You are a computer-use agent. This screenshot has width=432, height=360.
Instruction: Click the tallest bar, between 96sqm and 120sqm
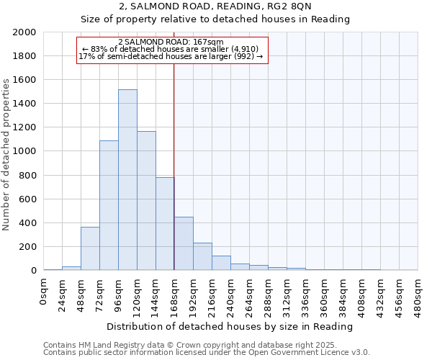(x=127, y=180)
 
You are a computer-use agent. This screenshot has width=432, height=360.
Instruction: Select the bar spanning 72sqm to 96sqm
(x=109, y=205)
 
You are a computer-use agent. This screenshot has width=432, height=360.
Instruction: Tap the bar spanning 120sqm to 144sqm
(x=146, y=201)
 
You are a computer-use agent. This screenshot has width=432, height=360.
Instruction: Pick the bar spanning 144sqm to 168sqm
(x=165, y=224)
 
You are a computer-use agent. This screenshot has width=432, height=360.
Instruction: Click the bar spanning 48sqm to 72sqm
(x=90, y=248)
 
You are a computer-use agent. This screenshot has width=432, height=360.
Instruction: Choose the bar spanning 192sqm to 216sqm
(x=202, y=256)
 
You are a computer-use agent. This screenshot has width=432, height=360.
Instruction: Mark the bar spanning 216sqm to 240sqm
(x=221, y=263)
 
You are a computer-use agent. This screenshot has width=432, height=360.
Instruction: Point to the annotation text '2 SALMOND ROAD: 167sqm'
(x=171, y=42)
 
